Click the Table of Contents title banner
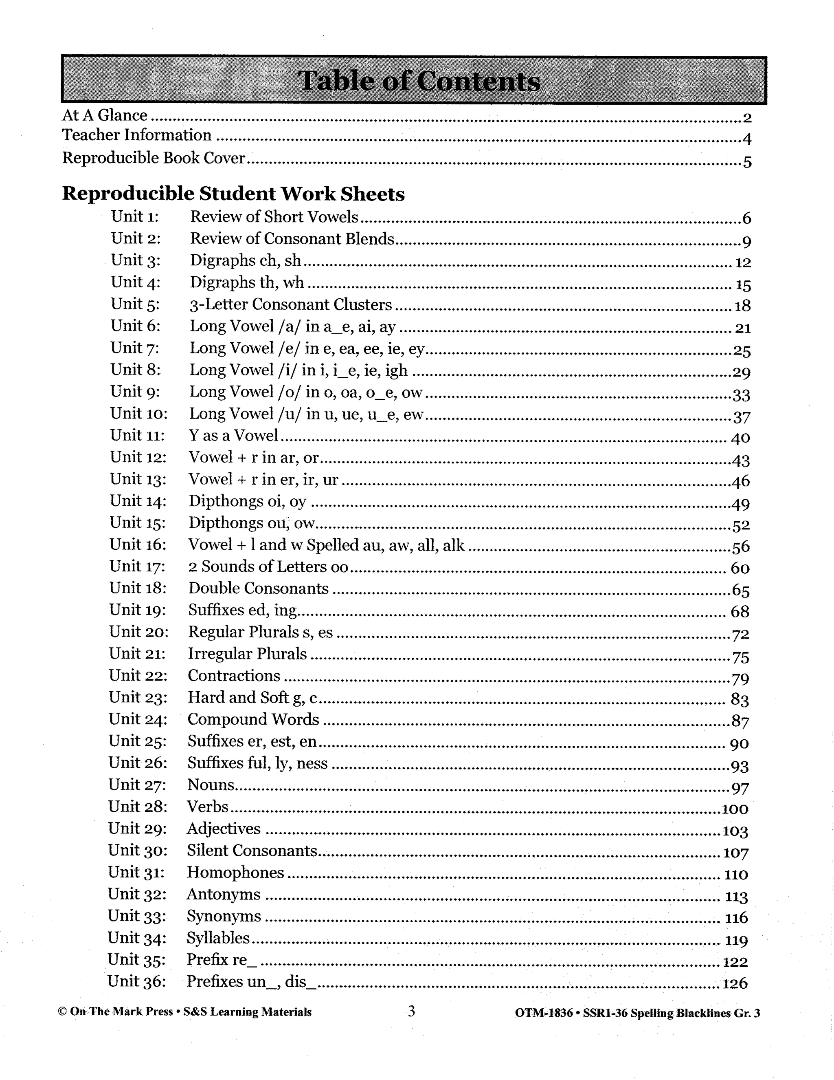[x=414, y=81]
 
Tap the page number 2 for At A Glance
[x=746, y=118]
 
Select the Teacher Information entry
[x=137, y=135]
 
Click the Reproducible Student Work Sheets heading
[x=233, y=194]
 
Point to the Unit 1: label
[x=135, y=216]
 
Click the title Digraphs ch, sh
[x=246, y=260]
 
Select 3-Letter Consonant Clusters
[x=290, y=304]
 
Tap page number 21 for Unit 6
[x=743, y=328]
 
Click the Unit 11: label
[x=137, y=435]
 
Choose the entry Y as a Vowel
[x=234, y=435]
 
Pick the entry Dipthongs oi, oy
[x=248, y=501]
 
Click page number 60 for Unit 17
[x=740, y=568]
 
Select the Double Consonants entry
[x=259, y=588]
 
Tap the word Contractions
[x=234, y=675]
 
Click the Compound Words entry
[x=253, y=719]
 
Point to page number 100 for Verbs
[x=735, y=809]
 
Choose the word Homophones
[x=235, y=872]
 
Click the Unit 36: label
[x=136, y=981]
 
